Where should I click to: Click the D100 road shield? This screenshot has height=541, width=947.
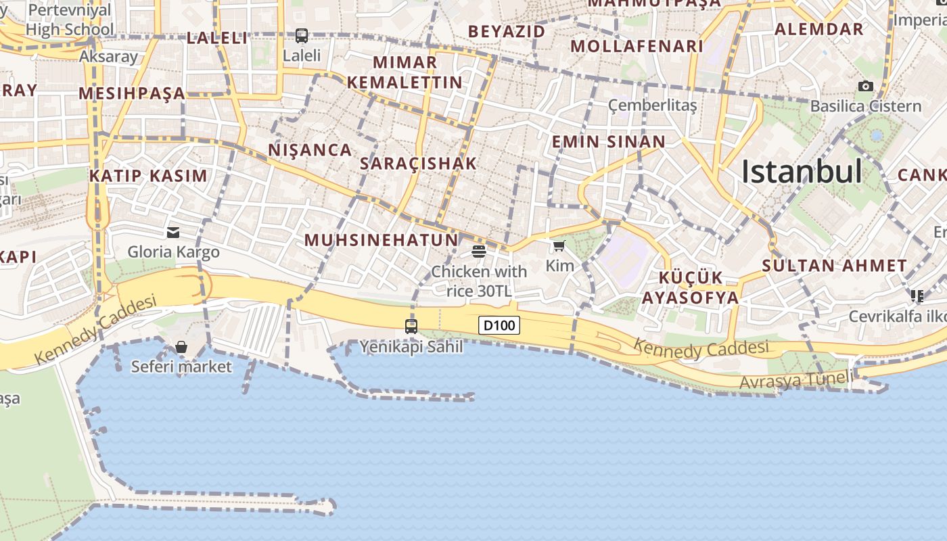click(x=500, y=325)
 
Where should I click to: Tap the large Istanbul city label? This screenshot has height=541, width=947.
click(x=802, y=172)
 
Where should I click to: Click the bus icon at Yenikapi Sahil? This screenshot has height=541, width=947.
click(x=411, y=326)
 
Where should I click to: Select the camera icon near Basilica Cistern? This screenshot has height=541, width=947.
click(x=865, y=86)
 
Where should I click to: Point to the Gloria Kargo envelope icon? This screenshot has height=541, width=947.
click(x=173, y=233)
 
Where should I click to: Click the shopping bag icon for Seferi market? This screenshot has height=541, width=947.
click(x=181, y=347)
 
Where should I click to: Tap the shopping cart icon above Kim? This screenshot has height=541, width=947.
click(x=559, y=245)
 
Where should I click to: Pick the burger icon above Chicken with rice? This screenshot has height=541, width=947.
click(x=479, y=252)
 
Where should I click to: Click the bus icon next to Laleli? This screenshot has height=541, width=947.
click(x=302, y=35)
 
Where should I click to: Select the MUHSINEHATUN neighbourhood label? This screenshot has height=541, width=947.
click(x=382, y=240)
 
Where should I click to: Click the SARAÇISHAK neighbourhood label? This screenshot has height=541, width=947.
click(x=418, y=163)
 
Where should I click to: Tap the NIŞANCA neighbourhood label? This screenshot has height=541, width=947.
click(x=310, y=149)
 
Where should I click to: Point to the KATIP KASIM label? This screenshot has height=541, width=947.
click(x=148, y=176)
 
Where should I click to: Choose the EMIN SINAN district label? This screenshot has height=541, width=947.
click(x=609, y=141)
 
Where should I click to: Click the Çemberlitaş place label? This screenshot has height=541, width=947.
click(x=652, y=105)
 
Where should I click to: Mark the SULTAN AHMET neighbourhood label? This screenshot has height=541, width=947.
click(x=834, y=266)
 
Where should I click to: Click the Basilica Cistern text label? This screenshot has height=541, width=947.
click(x=866, y=106)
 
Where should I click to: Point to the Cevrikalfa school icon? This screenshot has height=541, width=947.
click(x=917, y=296)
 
